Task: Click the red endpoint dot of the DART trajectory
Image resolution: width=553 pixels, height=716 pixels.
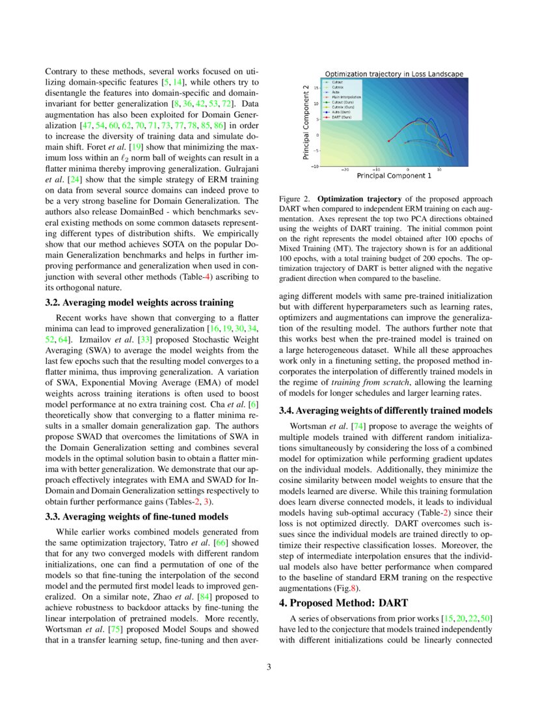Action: pyautogui.click(x=388, y=141)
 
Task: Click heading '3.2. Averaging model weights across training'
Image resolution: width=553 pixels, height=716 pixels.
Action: pyautogui.click(x=139, y=302)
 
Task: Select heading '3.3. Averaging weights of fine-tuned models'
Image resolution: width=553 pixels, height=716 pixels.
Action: pyautogui.click(x=137, y=517)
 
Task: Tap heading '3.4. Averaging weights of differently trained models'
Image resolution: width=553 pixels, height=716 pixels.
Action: pyautogui.click(x=385, y=411)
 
